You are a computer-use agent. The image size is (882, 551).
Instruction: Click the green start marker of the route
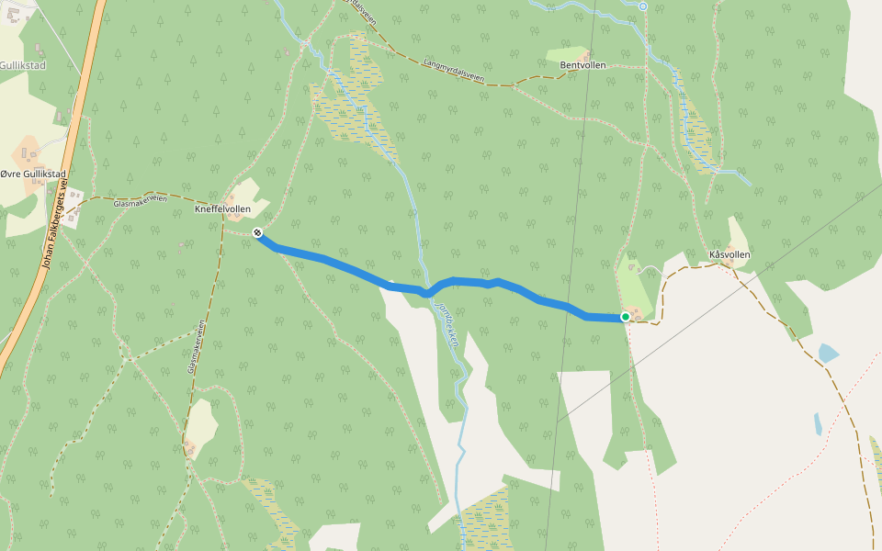[626, 317]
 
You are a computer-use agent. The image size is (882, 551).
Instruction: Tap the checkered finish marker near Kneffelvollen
[258, 233]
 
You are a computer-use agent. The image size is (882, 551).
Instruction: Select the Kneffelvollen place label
[223, 209]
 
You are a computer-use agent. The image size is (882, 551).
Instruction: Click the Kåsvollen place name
[730, 253]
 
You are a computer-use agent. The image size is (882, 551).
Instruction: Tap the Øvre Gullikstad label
[34, 174]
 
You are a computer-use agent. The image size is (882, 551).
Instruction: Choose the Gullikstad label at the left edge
[22, 66]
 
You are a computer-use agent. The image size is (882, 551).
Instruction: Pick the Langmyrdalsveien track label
[454, 71]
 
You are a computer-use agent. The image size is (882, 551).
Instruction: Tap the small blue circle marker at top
[643, 6]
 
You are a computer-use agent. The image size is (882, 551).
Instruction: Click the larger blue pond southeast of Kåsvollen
[827, 353]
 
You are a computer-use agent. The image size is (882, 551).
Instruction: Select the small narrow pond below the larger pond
[818, 423]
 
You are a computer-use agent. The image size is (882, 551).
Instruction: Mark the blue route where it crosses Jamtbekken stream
[426, 292]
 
